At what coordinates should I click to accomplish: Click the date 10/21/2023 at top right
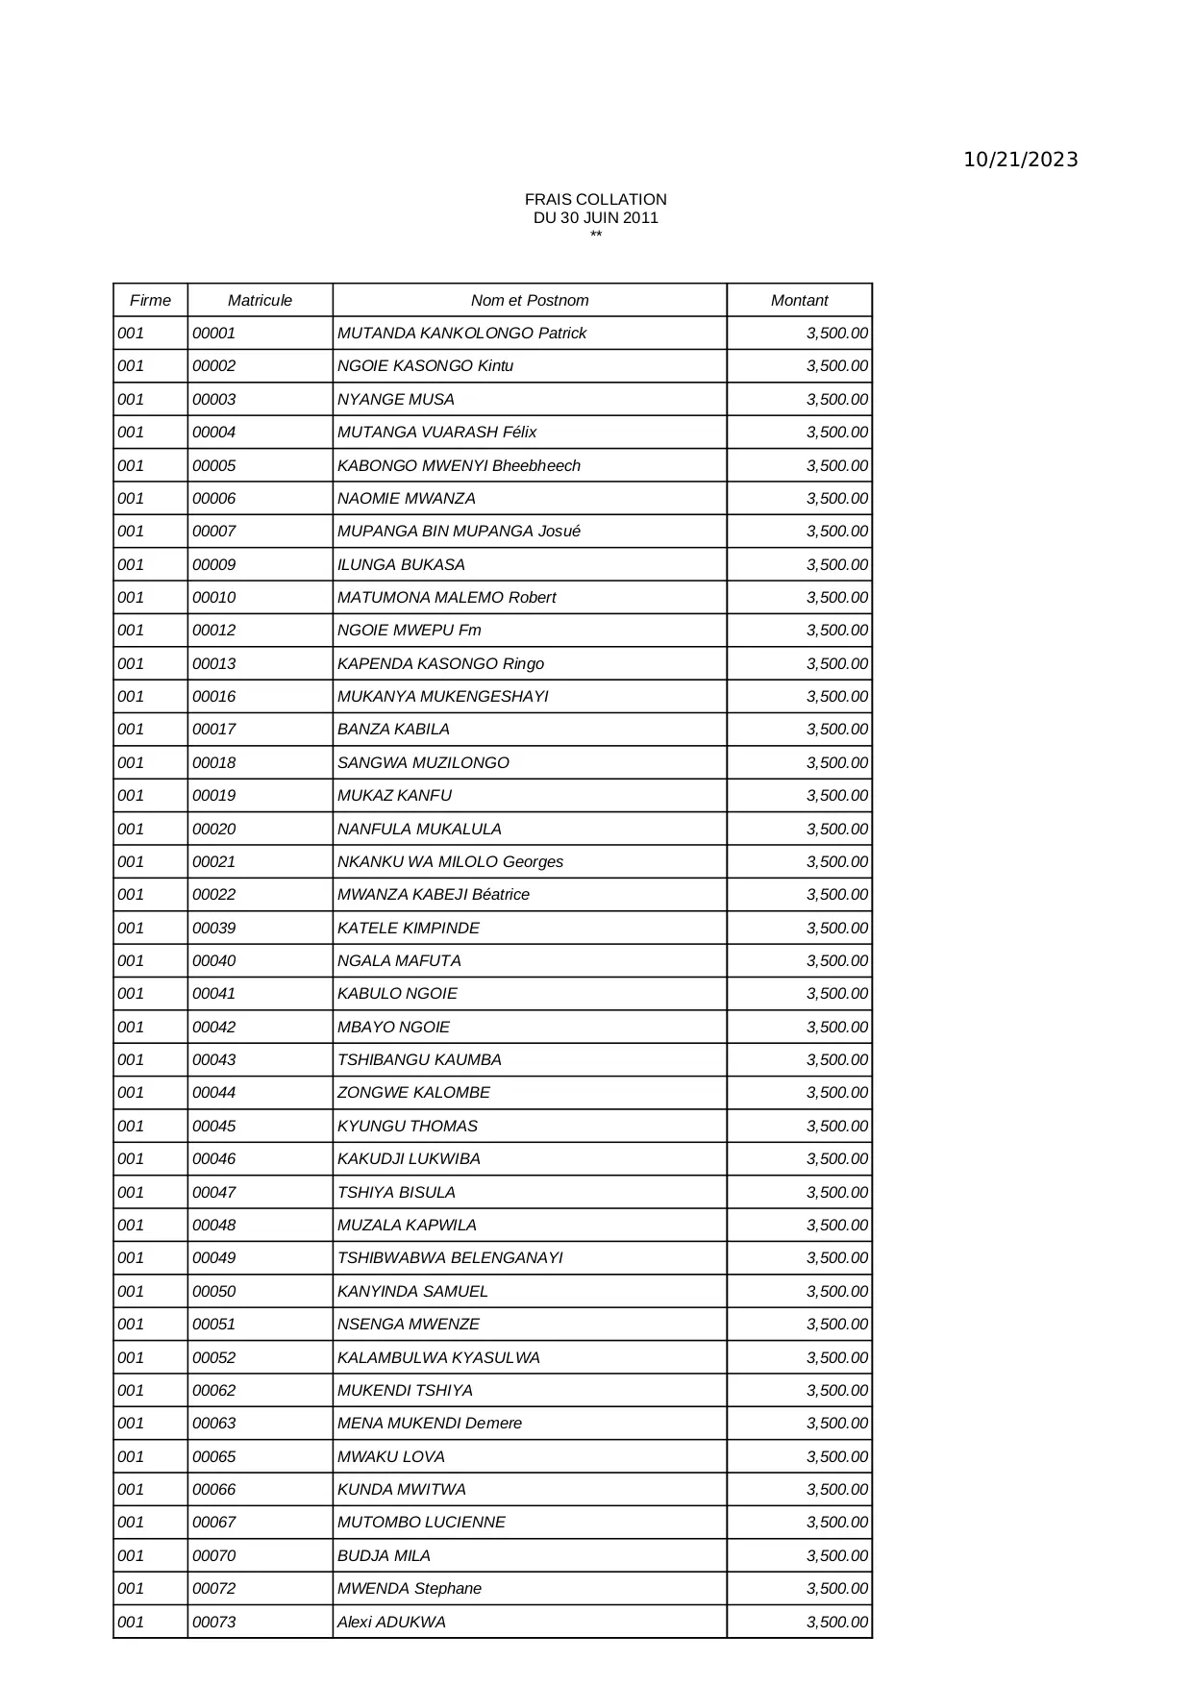pyautogui.click(x=1020, y=160)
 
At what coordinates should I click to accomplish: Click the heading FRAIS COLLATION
pyautogui.click(x=595, y=199)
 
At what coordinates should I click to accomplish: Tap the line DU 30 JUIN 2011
pyautogui.click(x=595, y=217)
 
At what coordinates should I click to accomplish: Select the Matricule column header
pyautogui.click(x=260, y=300)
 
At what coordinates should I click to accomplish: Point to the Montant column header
pyautogui.click(x=799, y=300)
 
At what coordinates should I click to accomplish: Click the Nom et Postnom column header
pyautogui.click(x=530, y=300)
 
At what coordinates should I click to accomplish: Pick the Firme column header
pyautogui.click(x=150, y=300)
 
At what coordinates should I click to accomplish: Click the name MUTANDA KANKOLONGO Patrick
pyautogui.click(x=461, y=334)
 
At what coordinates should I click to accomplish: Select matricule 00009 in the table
pyautogui.click(x=214, y=564)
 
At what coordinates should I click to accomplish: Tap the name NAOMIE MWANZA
pyautogui.click(x=407, y=498)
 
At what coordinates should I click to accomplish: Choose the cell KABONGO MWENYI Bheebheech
pyautogui.click(x=459, y=465)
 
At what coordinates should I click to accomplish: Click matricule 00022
pyautogui.click(x=214, y=894)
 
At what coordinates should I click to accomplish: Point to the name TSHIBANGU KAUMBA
pyautogui.click(x=419, y=1059)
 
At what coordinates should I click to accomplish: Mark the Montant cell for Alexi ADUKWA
pyautogui.click(x=836, y=1622)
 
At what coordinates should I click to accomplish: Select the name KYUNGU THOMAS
pyautogui.click(x=408, y=1126)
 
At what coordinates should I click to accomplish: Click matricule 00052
pyautogui.click(x=214, y=1357)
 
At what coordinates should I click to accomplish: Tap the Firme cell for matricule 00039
pyautogui.click(x=131, y=928)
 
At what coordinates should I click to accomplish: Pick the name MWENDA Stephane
pyautogui.click(x=410, y=1588)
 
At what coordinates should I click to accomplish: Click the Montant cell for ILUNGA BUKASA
pyautogui.click(x=836, y=564)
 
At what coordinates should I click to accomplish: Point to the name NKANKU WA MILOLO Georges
pyautogui.click(x=450, y=861)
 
